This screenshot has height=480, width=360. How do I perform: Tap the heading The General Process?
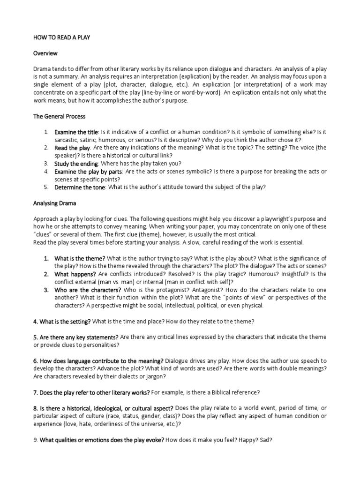(x=59, y=116)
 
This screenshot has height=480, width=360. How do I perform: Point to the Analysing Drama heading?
(x=54, y=203)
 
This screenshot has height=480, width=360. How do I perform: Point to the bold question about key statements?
(x=76, y=337)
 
